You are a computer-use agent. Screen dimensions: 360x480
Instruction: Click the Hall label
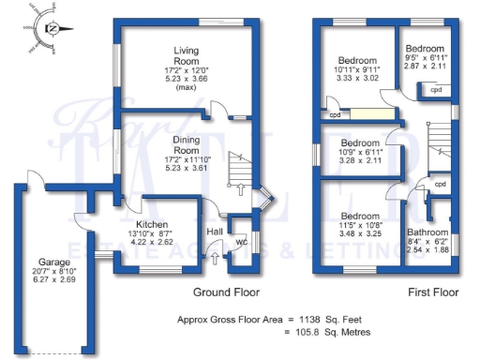(215, 230)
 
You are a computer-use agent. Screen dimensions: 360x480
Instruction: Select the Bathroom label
(427, 232)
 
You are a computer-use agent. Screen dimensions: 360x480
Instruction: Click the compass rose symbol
(53, 28)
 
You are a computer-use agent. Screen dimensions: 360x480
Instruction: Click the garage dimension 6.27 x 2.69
(54, 279)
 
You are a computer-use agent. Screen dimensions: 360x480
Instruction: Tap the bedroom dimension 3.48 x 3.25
(357, 232)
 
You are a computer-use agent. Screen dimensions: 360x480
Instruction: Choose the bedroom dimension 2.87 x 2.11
(425, 68)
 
